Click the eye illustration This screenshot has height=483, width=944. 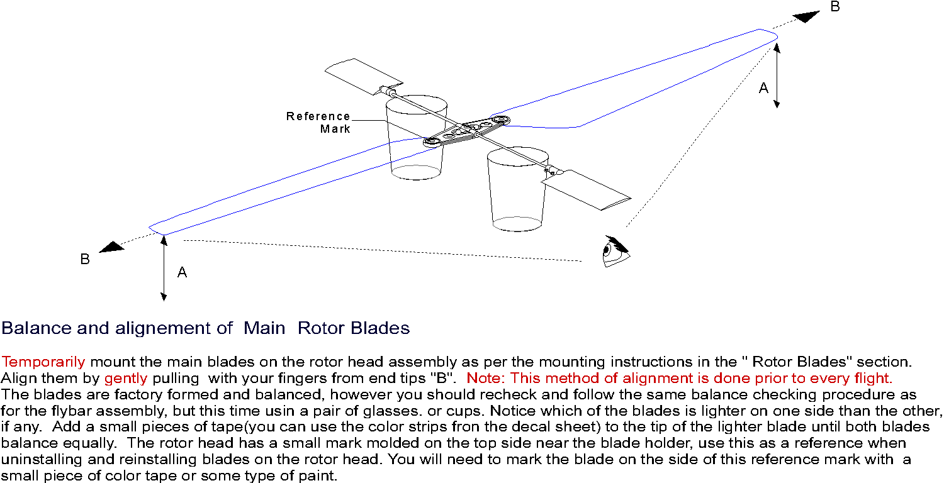(616, 252)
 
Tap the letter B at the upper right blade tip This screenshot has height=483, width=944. (835, 7)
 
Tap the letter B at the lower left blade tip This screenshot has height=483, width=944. (85, 259)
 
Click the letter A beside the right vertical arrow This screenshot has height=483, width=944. (763, 88)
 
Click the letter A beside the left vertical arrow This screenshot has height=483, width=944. (182, 272)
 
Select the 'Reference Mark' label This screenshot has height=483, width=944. (318, 123)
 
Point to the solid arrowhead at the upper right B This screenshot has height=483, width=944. (806, 16)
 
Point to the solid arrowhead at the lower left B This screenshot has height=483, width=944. (111, 247)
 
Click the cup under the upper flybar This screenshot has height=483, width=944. (416, 139)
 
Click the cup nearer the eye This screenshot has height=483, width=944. (517, 189)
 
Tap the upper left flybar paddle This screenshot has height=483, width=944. (363, 76)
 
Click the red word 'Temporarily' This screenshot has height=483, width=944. (43, 362)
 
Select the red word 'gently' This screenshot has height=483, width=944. (126, 378)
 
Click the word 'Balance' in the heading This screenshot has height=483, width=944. (37, 328)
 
